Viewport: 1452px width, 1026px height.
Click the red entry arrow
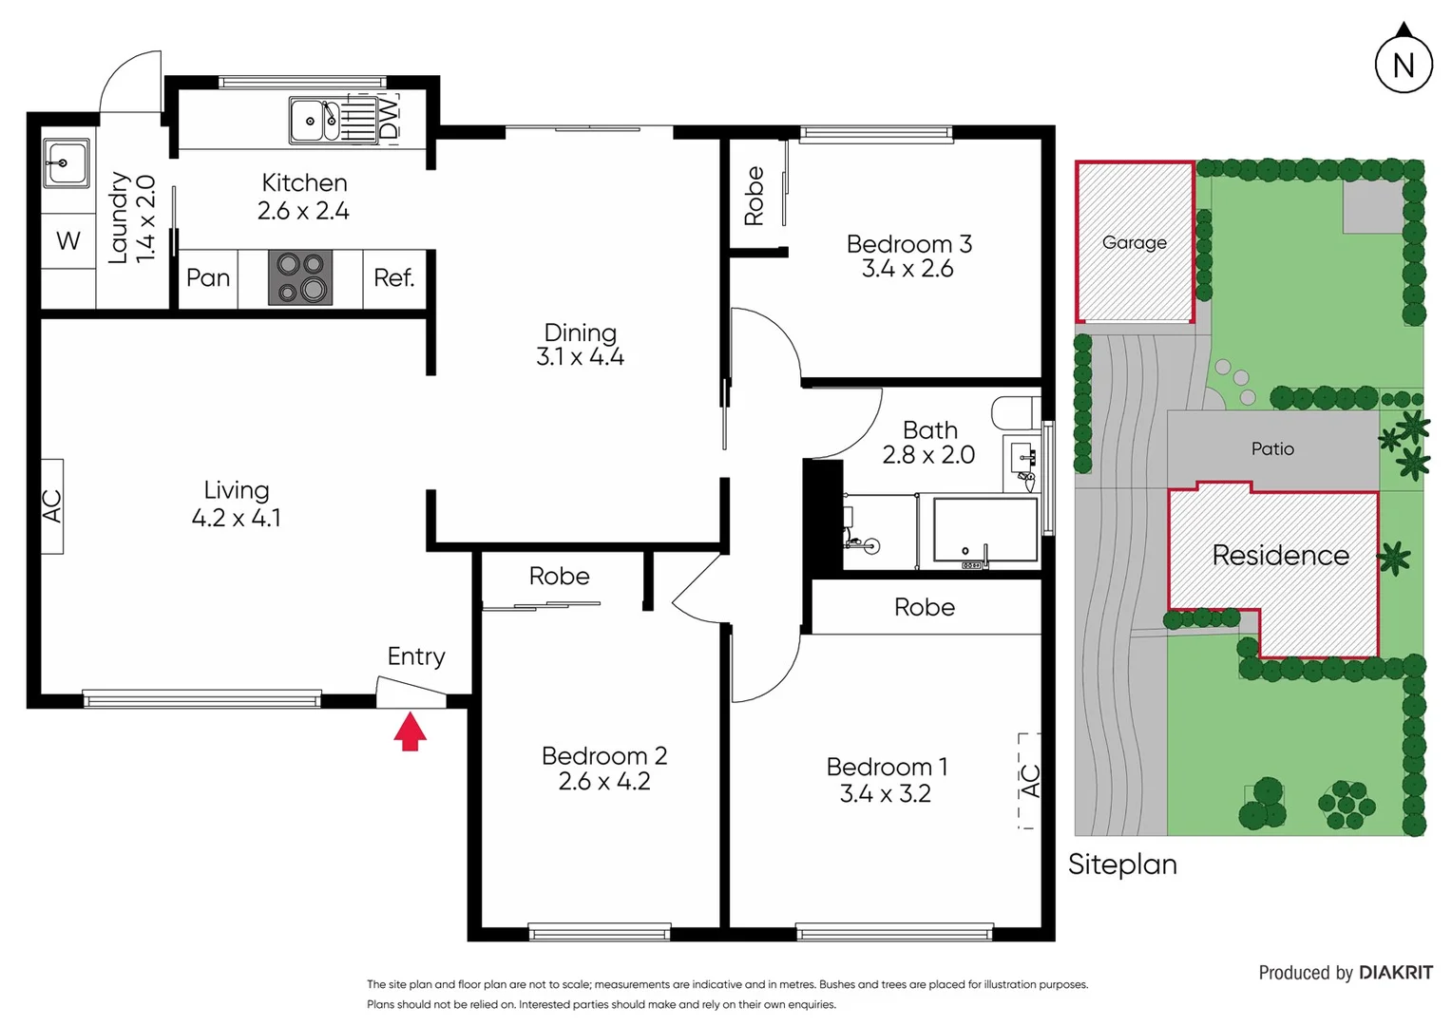point(410,731)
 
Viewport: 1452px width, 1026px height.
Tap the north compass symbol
point(1403,64)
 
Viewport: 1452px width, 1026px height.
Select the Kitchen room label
point(304,183)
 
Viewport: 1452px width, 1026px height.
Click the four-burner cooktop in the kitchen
point(300,277)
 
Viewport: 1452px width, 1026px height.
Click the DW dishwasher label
point(389,118)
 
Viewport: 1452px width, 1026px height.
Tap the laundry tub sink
point(66,163)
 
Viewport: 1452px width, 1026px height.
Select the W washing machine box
point(68,241)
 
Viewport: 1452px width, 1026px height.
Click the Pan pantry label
point(208,278)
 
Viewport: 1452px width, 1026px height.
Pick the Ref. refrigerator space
point(393,278)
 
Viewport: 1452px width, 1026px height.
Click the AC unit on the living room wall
point(52,505)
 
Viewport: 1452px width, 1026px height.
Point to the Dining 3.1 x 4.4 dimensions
point(580,357)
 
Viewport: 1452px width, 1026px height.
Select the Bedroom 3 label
point(908,244)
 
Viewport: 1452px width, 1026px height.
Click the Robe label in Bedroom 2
point(559,577)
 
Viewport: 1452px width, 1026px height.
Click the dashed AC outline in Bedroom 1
point(1029,781)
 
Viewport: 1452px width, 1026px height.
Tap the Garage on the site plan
point(1134,242)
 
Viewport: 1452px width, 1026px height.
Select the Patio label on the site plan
point(1271,449)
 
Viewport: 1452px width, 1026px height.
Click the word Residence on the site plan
point(1279,556)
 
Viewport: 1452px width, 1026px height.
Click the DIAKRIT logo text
point(1395,973)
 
